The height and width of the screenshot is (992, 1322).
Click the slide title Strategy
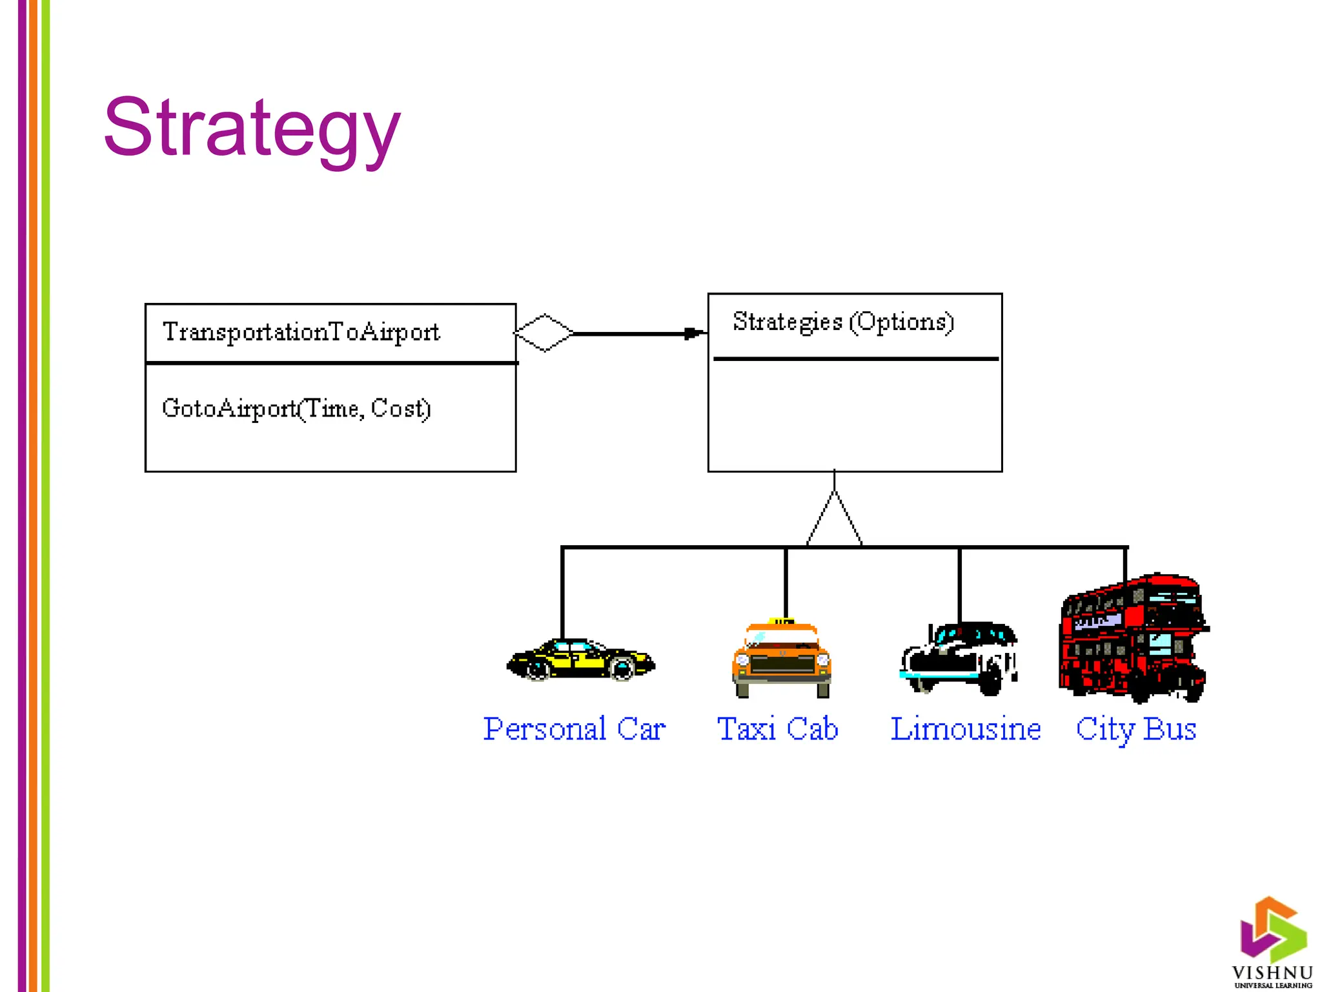(x=252, y=128)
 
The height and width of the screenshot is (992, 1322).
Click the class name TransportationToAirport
(x=301, y=332)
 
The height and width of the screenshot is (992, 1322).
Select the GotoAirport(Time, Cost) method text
(x=296, y=408)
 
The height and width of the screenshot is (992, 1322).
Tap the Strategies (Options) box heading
(x=843, y=322)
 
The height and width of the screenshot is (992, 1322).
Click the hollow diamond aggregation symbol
(x=544, y=333)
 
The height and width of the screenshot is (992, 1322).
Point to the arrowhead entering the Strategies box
(x=695, y=333)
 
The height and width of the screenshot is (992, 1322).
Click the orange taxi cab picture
(x=782, y=659)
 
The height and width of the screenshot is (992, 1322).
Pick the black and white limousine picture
(x=958, y=659)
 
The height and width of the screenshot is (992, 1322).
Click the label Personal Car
(x=574, y=729)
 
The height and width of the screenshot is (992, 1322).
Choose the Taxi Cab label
(x=778, y=729)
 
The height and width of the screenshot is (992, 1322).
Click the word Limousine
(x=966, y=729)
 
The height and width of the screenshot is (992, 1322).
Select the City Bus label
(x=1136, y=729)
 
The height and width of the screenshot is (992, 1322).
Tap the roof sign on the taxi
(x=784, y=622)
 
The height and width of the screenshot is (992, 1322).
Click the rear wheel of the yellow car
(x=623, y=668)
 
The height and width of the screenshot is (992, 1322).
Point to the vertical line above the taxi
(x=786, y=581)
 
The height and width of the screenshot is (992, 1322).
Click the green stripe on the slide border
(x=46, y=496)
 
